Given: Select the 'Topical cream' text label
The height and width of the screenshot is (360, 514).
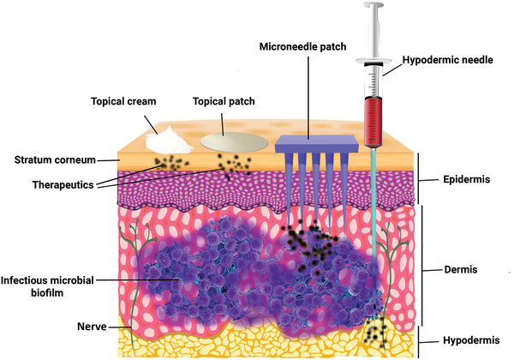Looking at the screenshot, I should click(124, 101).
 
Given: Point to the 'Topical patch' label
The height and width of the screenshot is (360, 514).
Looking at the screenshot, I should click(218, 101).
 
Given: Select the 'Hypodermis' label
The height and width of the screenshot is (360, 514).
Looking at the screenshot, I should click(470, 340).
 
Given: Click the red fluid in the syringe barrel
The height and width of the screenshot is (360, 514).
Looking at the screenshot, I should click(374, 120).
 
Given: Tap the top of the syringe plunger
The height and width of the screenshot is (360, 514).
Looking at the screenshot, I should click(373, 8).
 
